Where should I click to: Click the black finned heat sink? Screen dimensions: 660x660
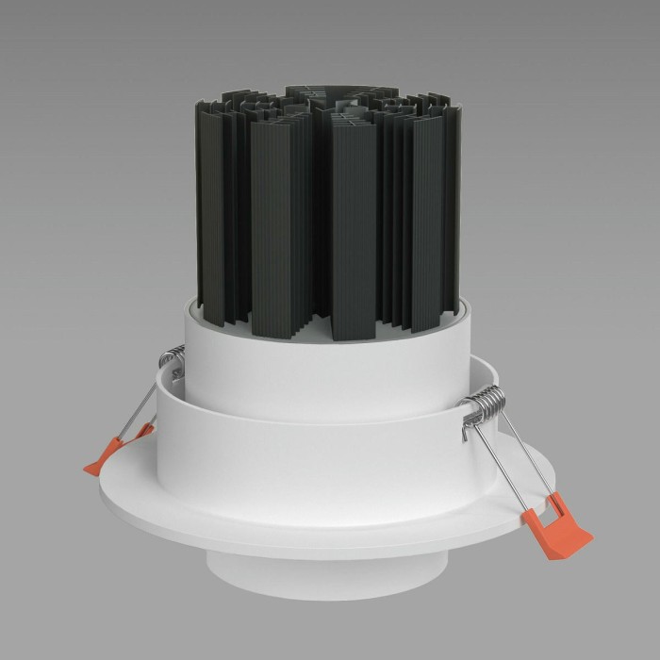click(330, 207)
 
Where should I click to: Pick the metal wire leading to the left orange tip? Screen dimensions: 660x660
click(137, 405)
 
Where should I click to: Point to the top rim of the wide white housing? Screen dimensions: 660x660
click(311, 393)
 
